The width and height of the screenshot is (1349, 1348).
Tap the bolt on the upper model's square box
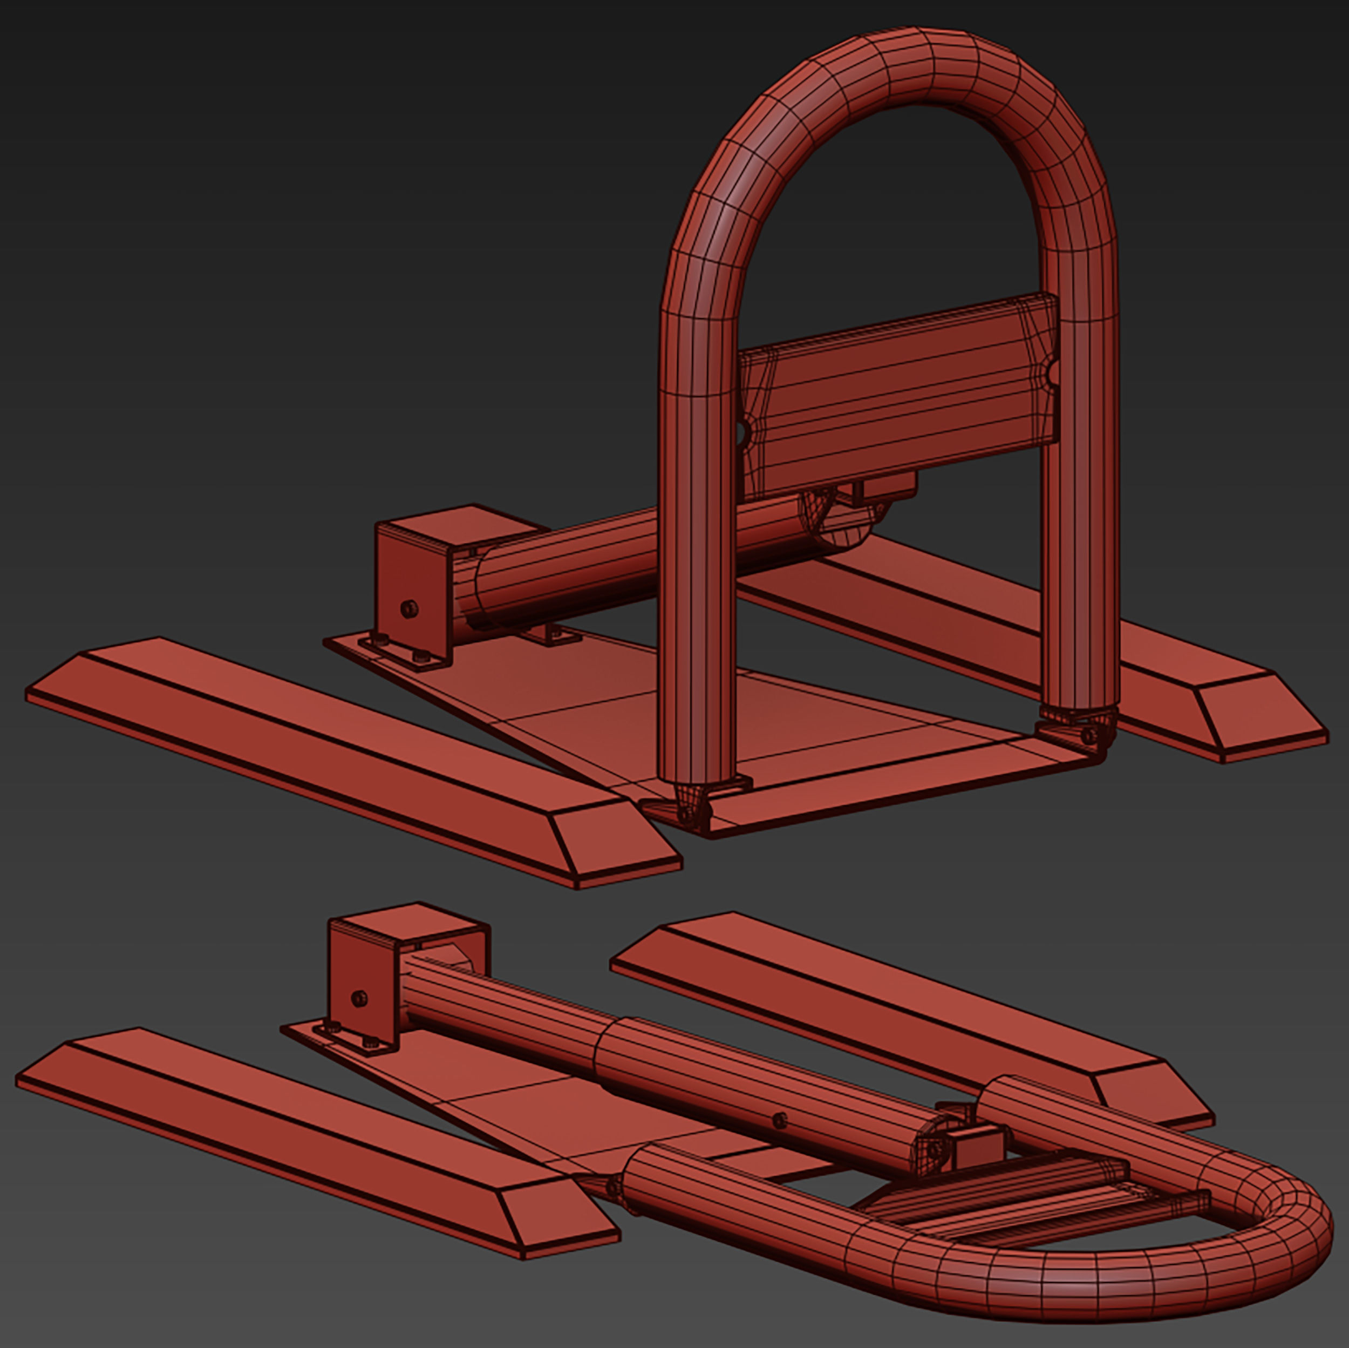[x=411, y=608]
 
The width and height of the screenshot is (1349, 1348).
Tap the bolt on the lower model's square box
[x=359, y=998]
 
